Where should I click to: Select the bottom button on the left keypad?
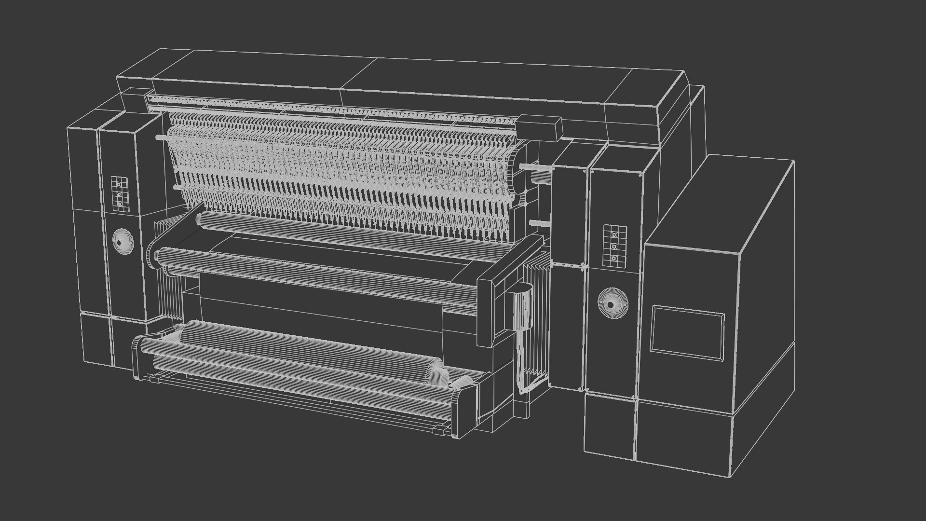119,205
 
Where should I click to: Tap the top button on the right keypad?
614,234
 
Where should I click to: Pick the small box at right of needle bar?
540,128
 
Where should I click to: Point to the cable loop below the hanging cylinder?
523,381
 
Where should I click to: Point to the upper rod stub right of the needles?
535,167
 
